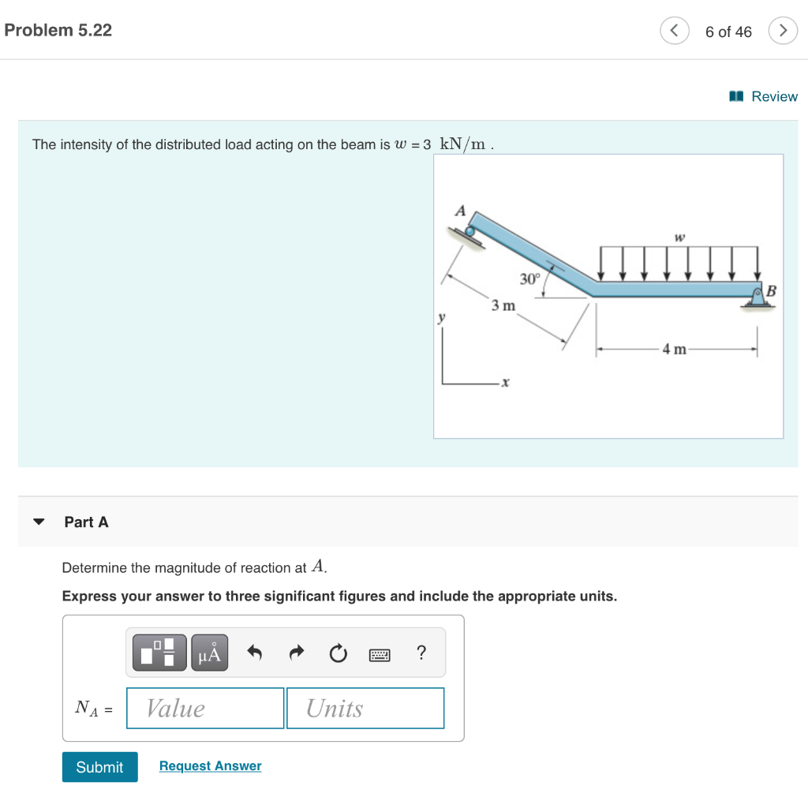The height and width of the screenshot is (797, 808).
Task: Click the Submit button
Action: point(99,767)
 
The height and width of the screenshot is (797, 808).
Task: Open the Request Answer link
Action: point(210,766)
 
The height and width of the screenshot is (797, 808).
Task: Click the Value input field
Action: point(205,708)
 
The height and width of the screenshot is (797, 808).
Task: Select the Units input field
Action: point(365,708)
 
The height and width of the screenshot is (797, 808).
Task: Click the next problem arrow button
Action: point(782,31)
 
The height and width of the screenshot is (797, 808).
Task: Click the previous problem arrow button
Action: point(673,31)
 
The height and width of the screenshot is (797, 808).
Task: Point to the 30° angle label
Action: point(529,279)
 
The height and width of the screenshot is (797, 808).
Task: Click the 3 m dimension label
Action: point(503,305)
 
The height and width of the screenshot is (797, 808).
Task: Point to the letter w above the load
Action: point(677,236)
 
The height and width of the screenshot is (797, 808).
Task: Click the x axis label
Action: point(505,383)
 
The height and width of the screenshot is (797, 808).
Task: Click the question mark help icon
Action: point(421,653)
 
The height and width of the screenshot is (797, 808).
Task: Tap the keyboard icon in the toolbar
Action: point(380,653)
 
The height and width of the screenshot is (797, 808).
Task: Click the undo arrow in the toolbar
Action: point(254,653)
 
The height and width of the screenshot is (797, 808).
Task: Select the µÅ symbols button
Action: point(209,653)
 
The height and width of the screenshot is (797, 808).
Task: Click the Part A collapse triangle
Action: point(39,522)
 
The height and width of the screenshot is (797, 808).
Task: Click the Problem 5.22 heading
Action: point(58,30)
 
